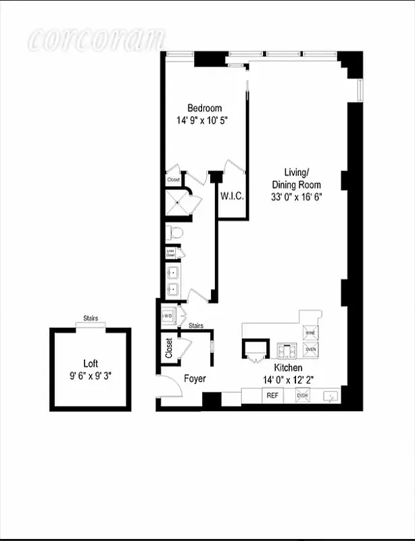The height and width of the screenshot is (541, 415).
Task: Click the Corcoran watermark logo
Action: [x=96, y=39]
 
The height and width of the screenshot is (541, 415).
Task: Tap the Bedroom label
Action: [x=204, y=108]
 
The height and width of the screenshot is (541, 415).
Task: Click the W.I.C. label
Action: [x=232, y=196]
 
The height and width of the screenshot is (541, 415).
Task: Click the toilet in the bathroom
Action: [x=174, y=233]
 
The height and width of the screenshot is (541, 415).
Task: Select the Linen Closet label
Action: [x=170, y=253]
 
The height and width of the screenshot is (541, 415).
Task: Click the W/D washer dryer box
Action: [x=168, y=316]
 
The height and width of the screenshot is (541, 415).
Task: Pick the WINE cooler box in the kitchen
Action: [x=310, y=333]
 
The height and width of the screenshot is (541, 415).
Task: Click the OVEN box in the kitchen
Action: [x=310, y=350]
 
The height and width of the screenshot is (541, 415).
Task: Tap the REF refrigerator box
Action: [x=272, y=395]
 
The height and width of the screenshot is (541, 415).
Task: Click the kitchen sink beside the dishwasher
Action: [x=331, y=395]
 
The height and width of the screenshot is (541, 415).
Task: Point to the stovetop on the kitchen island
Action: [x=285, y=350]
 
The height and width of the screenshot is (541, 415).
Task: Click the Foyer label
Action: [x=195, y=379]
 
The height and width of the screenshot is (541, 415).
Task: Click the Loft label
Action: [x=91, y=362]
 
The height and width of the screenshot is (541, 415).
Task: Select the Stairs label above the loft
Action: [x=91, y=318]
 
